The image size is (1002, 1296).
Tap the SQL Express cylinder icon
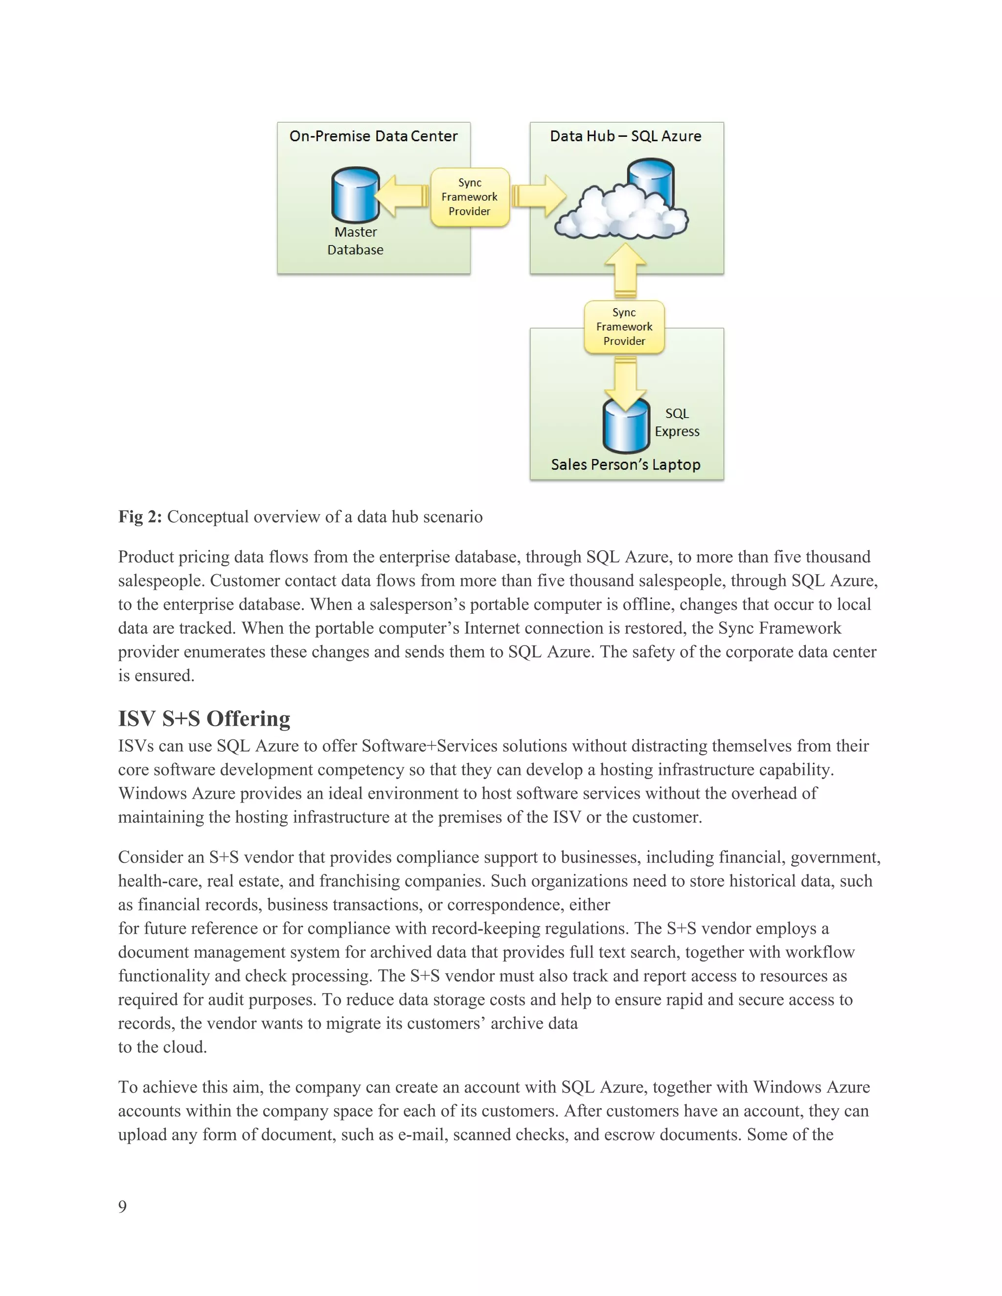pos(626,425)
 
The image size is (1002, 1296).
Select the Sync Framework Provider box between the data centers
pos(470,197)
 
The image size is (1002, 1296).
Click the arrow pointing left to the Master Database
pos(402,196)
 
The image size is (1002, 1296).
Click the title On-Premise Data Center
pos(373,136)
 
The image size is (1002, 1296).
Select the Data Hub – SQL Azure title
pos(626,136)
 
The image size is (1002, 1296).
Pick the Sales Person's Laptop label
pos(626,465)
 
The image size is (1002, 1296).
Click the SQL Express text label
pos(677,423)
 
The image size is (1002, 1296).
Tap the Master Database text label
pos(355,241)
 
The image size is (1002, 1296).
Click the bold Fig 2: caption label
pos(140,517)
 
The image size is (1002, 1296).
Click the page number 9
pos(122,1207)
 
